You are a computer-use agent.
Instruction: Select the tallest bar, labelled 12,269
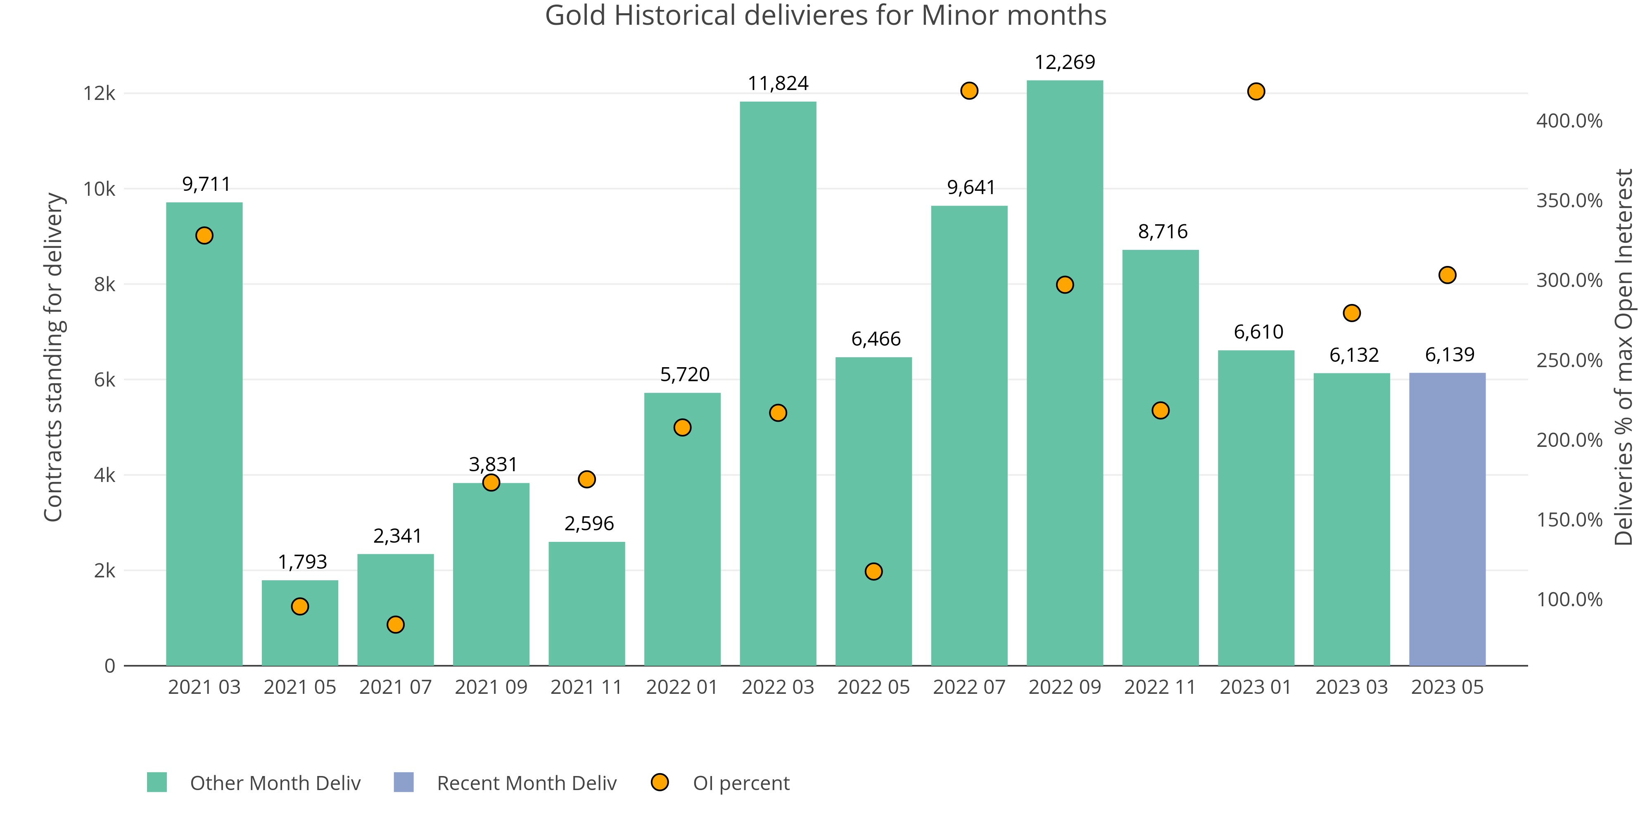tap(1065, 372)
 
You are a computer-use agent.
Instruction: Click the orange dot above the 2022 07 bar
tap(969, 91)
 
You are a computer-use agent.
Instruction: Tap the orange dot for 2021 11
tap(587, 479)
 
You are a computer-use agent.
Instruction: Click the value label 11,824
tap(778, 83)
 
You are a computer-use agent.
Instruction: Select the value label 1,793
tap(302, 562)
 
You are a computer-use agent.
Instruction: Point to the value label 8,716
tap(1163, 232)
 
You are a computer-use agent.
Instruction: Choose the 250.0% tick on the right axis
tap(1569, 361)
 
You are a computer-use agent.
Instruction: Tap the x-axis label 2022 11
tap(1160, 687)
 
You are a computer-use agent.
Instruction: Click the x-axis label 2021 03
tap(204, 687)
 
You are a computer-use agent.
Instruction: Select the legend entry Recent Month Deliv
tap(527, 783)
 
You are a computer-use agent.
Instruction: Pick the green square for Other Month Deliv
tap(157, 782)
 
